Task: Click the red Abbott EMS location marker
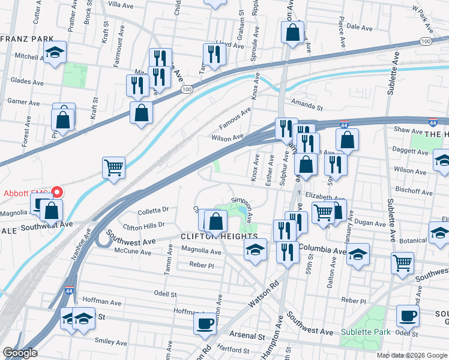57,193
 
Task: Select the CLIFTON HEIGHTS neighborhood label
219,237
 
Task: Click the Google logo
20,353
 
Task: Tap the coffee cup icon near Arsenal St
205,325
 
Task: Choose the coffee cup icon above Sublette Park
408,316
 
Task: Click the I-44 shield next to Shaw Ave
432,122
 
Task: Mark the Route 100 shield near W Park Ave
425,41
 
